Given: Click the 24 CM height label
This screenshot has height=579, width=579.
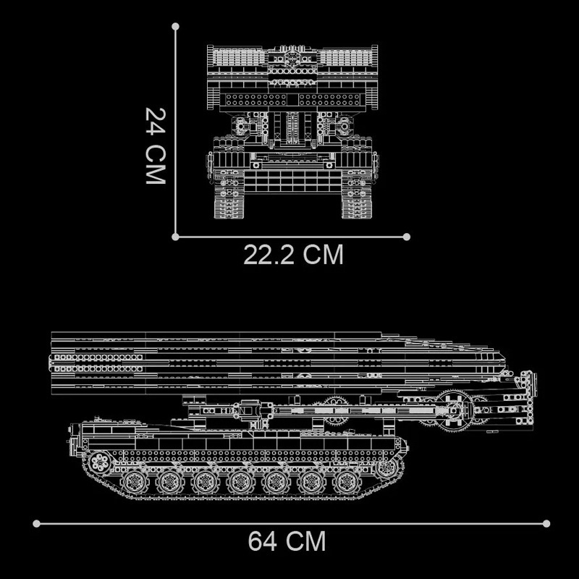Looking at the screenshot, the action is pos(155,145).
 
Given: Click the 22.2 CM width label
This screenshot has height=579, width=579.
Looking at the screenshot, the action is pos(293,255).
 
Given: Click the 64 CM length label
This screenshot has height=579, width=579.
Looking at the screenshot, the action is pos(287,541).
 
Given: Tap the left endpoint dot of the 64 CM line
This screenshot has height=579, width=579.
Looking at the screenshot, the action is pos(36,523).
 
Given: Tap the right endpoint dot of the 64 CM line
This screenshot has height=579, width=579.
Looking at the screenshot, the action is pos(546,523).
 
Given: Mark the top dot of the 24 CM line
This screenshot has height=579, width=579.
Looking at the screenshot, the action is pos(175,27).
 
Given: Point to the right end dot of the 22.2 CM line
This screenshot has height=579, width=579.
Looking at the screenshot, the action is pos(407,237).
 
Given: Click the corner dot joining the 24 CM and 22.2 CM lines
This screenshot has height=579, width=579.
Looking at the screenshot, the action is pos(175,237).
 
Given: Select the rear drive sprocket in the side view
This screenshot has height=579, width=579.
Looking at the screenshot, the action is pos(100,462).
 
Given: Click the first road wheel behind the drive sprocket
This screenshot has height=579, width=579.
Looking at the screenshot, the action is pos(134,481).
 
